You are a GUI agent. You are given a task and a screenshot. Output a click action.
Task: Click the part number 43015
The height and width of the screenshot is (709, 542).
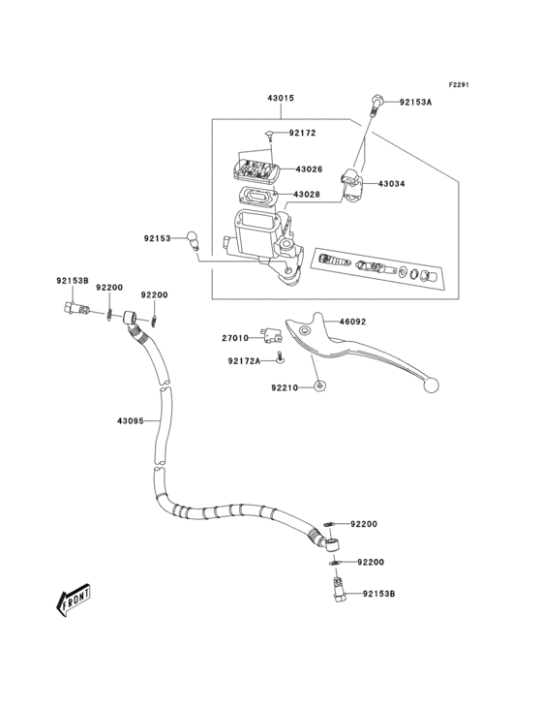pyautogui.click(x=281, y=99)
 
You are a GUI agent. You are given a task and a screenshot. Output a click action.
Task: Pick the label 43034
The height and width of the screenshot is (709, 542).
pyautogui.click(x=392, y=183)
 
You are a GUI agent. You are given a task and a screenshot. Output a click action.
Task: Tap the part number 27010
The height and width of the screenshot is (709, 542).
pyautogui.click(x=236, y=338)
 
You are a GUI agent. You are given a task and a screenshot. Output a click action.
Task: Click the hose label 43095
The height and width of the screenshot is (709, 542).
pyautogui.click(x=131, y=420)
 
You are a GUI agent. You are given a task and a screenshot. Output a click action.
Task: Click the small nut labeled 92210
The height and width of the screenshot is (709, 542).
pyautogui.click(x=319, y=386)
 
